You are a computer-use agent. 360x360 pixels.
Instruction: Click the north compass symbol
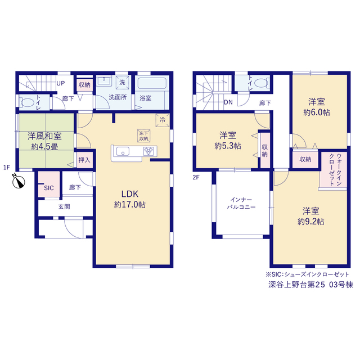pyautogui.click(x=19, y=182)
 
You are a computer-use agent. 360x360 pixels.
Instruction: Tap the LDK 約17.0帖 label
pyautogui.click(x=130, y=199)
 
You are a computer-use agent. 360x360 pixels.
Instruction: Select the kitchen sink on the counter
pyautogui.click(x=123, y=151)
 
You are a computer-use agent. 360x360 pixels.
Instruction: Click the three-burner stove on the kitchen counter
pyautogui.click(x=148, y=151)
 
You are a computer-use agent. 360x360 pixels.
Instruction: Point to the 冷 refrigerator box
pyautogui.click(x=163, y=120)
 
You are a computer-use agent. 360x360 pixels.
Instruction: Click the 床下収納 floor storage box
pyautogui.click(x=144, y=136)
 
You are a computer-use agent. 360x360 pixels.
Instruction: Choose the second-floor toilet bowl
pyautogui.click(x=262, y=83)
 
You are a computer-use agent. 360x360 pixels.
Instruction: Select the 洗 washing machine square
pyautogui.click(x=122, y=82)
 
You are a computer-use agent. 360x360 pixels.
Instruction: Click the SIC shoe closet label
pyautogui.click(x=49, y=188)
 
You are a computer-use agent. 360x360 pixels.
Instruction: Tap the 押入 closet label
pyautogui.click(x=84, y=160)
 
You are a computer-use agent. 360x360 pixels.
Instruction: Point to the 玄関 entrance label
pyautogui.click(x=64, y=207)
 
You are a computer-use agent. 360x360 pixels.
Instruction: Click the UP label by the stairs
pyautogui.click(x=61, y=83)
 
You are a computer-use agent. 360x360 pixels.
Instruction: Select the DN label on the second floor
pyautogui.click(x=228, y=102)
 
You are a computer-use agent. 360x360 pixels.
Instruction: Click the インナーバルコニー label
pyautogui.click(x=241, y=204)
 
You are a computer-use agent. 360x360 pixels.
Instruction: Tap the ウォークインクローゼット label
pyautogui.click(x=336, y=170)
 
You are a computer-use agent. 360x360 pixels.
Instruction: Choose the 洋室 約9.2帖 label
pyautogui.click(x=311, y=216)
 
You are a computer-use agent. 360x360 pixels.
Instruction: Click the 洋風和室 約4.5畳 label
pyautogui.click(x=44, y=141)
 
